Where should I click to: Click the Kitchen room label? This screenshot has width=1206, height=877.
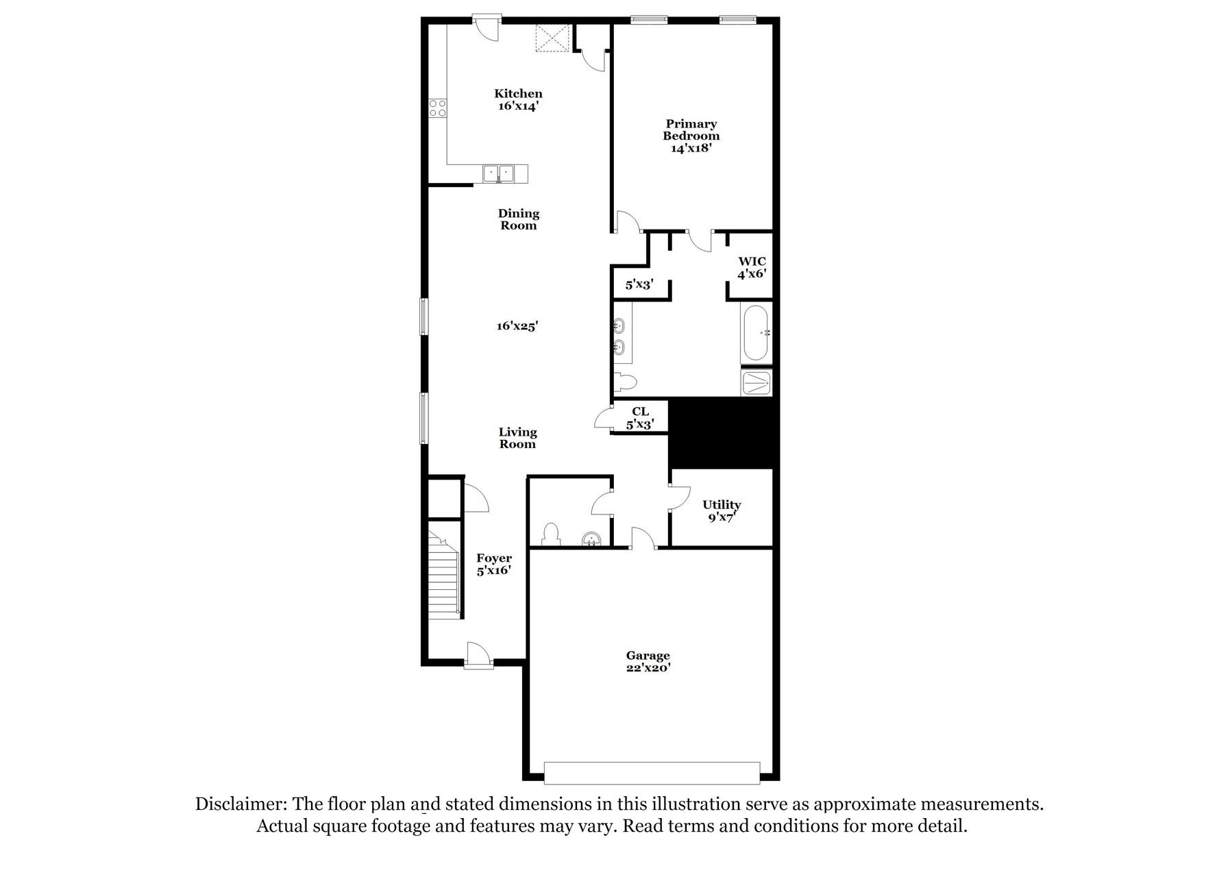(x=518, y=94)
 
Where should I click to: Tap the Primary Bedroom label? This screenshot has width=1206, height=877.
(x=691, y=129)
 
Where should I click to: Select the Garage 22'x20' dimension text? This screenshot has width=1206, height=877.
(x=648, y=668)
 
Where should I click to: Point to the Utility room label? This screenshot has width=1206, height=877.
(x=722, y=505)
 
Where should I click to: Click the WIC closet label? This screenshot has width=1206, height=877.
(x=752, y=262)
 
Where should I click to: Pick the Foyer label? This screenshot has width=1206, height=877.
(x=494, y=558)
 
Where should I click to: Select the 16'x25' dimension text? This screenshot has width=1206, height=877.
(x=517, y=327)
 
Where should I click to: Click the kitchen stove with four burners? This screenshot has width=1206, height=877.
(x=438, y=108)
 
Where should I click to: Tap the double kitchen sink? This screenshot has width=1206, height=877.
(x=499, y=173)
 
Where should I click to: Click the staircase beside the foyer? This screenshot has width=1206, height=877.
(x=444, y=576)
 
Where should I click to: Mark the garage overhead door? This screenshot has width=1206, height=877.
(x=652, y=772)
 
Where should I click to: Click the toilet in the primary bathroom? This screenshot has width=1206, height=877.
(x=626, y=380)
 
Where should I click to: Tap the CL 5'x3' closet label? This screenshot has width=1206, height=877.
(x=640, y=418)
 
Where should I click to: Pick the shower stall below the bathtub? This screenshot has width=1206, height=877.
(x=756, y=382)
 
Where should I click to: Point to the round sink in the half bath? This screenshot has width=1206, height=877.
(x=590, y=540)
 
